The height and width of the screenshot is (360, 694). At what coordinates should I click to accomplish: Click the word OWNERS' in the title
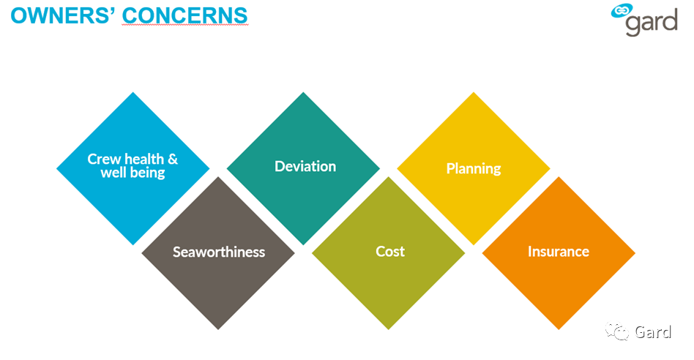pyautogui.click(x=63, y=15)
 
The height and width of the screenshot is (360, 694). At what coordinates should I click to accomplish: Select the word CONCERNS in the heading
pyautogui.click(x=184, y=15)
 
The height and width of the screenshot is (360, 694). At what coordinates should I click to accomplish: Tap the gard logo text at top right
pyautogui.click(x=652, y=23)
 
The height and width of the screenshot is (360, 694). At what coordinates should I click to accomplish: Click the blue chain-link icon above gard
pyautogui.click(x=622, y=11)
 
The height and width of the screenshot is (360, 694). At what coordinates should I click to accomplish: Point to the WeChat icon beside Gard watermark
pyautogui.click(x=617, y=331)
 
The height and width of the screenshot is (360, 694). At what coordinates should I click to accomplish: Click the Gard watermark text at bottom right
pyautogui.click(x=653, y=331)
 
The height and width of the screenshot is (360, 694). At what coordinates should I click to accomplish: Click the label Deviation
pyautogui.click(x=305, y=166)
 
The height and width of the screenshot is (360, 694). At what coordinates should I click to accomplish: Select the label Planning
pyautogui.click(x=474, y=168)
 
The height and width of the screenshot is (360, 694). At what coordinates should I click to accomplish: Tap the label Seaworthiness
pyautogui.click(x=219, y=252)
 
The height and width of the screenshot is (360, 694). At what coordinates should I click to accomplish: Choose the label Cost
pyautogui.click(x=390, y=251)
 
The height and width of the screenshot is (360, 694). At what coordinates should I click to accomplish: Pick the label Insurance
pyautogui.click(x=559, y=251)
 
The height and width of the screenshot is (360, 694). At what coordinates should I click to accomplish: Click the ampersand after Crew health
pyautogui.click(x=173, y=158)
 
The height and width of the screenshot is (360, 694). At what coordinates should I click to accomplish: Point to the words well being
pyautogui.click(x=133, y=173)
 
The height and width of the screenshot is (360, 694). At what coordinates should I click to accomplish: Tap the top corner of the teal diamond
pyautogui.click(x=303, y=92)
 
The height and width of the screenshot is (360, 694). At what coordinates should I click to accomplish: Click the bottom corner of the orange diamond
pyautogui.click(x=559, y=329)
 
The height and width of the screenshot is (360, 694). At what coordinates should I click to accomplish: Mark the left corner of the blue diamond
pyautogui.click(x=56, y=168)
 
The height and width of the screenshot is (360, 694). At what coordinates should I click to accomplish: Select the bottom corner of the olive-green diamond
pyautogui.click(x=389, y=329)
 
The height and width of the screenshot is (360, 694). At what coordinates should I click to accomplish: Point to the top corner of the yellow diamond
pyautogui.click(x=474, y=92)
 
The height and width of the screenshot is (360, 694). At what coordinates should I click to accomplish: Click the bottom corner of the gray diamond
pyautogui.click(x=218, y=329)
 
